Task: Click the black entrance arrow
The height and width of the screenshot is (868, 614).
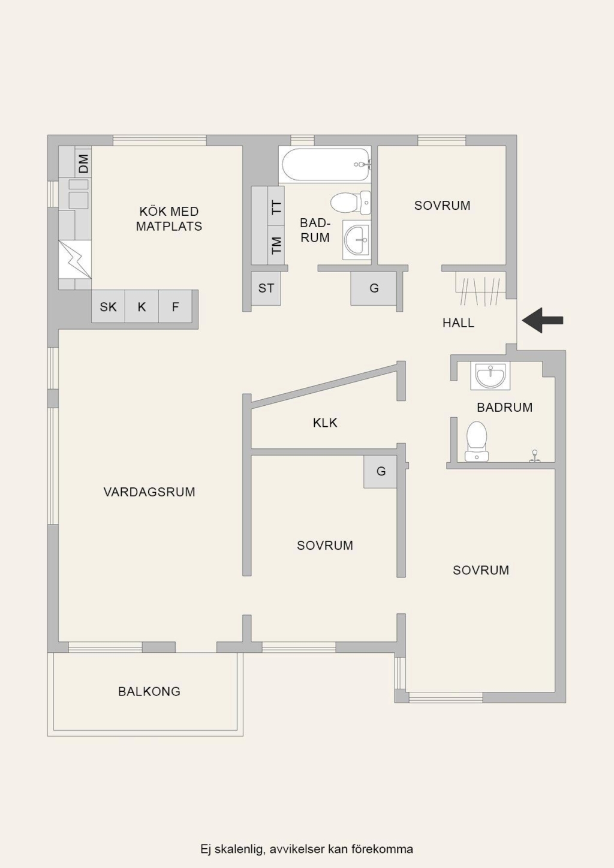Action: tap(542, 321)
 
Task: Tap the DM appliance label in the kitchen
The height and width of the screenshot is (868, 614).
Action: tap(83, 163)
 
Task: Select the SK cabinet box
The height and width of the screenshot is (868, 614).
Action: tap(108, 306)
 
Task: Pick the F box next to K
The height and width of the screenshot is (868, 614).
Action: tap(175, 306)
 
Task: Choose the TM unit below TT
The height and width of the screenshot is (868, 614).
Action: tap(276, 245)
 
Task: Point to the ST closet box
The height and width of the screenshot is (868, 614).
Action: tap(266, 288)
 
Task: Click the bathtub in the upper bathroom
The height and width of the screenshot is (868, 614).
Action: tap(325, 165)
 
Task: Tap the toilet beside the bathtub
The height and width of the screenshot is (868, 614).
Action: tap(351, 202)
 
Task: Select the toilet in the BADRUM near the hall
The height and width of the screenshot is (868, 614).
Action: tap(477, 441)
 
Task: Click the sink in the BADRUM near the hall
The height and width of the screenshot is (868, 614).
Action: tap(490, 375)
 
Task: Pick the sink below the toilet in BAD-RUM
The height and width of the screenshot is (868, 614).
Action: tap(357, 240)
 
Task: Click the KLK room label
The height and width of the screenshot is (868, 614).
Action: tap(325, 423)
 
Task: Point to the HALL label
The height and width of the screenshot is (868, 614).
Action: tap(458, 323)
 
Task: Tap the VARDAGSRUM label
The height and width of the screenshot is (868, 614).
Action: tap(149, 492)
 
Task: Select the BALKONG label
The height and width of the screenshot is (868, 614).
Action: tap(149, 692)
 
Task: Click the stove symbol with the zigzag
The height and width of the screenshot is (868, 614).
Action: tap(75, 260)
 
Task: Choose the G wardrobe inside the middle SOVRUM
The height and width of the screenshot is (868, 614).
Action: tap(380, 472)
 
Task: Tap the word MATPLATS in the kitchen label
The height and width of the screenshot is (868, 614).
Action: tap(169, 227)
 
